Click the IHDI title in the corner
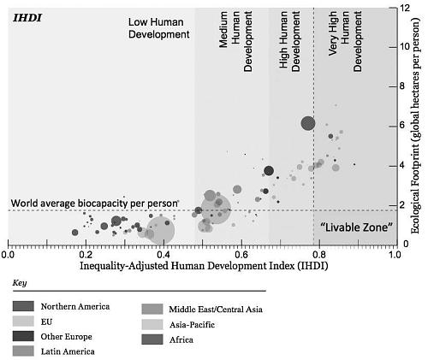point(27,18)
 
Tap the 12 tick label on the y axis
point(405,8)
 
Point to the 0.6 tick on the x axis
point(241,243)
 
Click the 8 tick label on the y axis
point(402,86)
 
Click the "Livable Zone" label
point(356,227)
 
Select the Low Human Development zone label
point(158,28)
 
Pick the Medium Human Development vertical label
point(235,41)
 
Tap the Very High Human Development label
point(345,41)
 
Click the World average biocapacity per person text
point(94,204)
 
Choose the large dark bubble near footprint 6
point(308,124)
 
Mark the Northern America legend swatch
point(23,306)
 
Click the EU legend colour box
point(23,322)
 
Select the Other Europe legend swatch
point(23,336)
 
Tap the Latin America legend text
point(68,351)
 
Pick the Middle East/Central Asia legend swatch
point(152,310)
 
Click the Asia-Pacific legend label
point(192,325)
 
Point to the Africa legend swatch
point(152,339)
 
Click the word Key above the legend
point(20,283)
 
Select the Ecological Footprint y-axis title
point(416,126)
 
